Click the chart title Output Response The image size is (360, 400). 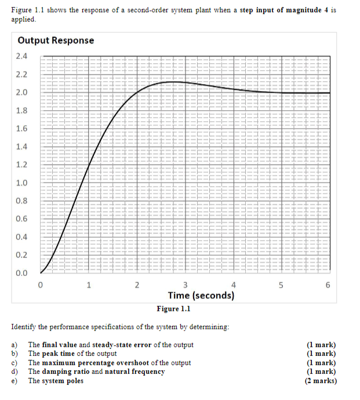coord(56,41)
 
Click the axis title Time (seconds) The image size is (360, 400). coord(201,296)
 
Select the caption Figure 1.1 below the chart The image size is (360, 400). coord(173,309)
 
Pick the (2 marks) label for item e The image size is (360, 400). coord(321,381)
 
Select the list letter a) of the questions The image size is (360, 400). coord(15,345)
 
